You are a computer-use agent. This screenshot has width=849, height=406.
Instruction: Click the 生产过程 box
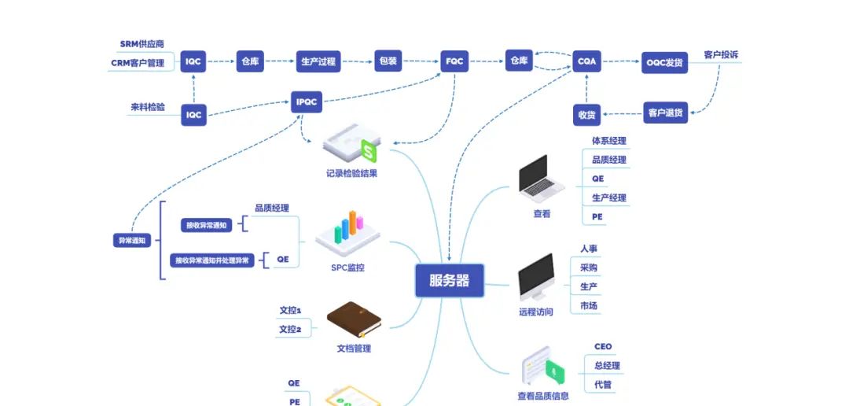coord(318,61)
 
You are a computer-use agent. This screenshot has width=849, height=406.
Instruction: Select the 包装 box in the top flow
coord(388,61)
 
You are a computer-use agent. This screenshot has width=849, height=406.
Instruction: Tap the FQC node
coord(454,61)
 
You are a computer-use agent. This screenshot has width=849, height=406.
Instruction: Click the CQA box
coord(586,61)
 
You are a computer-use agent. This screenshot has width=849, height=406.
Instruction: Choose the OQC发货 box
coord(664,62)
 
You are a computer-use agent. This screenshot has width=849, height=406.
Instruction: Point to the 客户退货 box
coord(665,113)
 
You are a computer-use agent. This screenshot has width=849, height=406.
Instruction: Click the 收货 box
coord(586,115)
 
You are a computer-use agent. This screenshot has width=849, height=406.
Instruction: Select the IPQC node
coord(307,101)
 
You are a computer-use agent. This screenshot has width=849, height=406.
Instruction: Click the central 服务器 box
coord(450,281)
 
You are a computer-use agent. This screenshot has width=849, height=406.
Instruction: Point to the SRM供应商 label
coord(142,44)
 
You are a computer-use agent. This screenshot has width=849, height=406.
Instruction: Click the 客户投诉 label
coord(721,55)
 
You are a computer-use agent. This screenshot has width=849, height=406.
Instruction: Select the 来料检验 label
coord(148,107)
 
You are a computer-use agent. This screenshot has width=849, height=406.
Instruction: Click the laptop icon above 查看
coord(541,177)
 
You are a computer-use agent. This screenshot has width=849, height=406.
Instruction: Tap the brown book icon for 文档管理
coord(354,319)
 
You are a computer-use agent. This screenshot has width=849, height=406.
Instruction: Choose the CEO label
coord(603,346)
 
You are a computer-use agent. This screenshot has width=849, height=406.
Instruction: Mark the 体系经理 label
coord(609,141)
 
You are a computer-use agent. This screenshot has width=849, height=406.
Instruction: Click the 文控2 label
coord(290,330)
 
